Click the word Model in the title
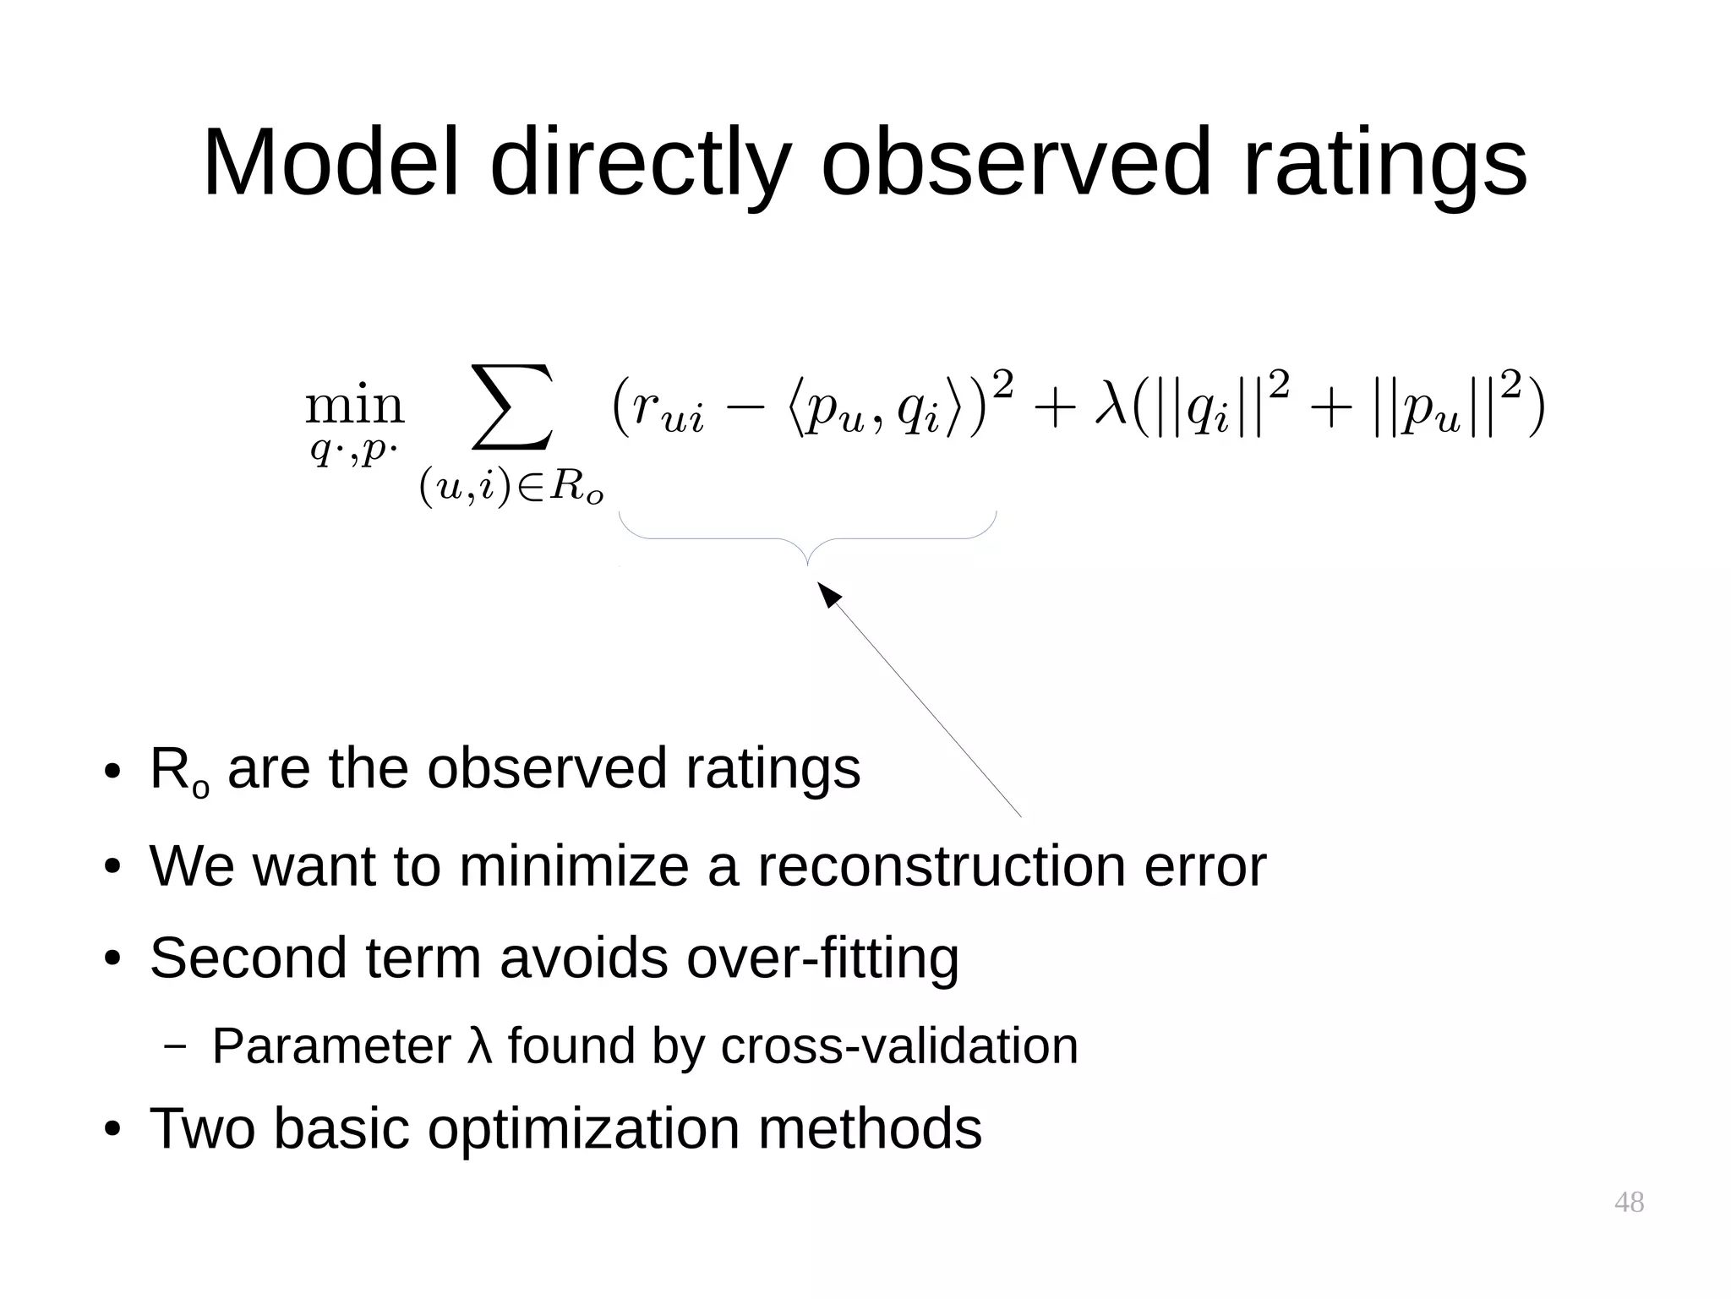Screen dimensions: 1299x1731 coord(330,162)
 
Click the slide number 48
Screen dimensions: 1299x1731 coord(1629,1202)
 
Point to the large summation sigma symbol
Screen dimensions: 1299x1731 coord(512,407)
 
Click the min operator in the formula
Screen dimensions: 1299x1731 coord(355,407)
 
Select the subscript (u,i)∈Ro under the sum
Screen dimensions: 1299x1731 coord(511,488)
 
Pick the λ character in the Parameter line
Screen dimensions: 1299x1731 coord(479,1045)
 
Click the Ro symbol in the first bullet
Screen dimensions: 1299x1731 coord(178,771)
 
